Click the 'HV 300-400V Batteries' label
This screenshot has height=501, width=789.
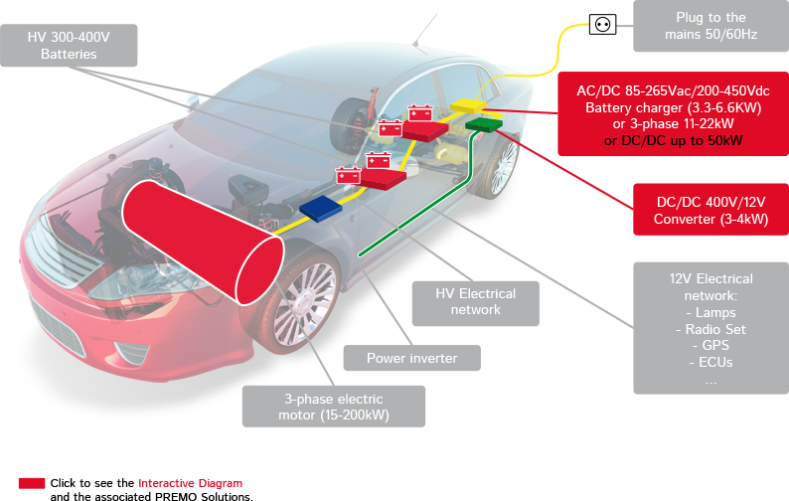(69, 46)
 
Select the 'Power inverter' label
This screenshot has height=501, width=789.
(412, 358)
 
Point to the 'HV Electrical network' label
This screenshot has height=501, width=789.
(476, 301)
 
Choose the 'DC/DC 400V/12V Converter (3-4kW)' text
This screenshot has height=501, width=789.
(710, 210)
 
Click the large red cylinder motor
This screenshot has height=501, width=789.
(199, 243)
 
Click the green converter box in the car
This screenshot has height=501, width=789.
(485, 124)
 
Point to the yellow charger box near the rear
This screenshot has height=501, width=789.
(462, 103)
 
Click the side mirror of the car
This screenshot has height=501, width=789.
(192, 99)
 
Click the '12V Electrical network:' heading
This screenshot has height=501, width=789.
(710, 287)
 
